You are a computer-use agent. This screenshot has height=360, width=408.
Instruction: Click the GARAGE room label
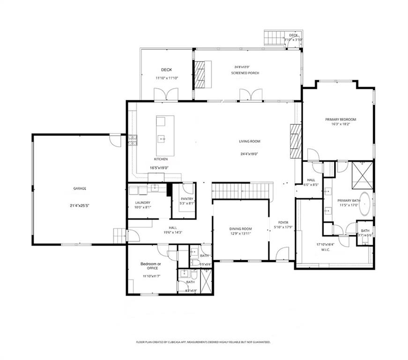pyautogui.click(x=79, y=188)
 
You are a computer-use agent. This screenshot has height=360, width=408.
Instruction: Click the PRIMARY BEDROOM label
pyautogui.click(x=341, y=120)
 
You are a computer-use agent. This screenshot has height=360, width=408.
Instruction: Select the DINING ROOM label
pyautogui.click(x=240, y=229)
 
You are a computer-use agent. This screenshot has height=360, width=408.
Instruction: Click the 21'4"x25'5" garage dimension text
pyautogui.click(x=79, y=205)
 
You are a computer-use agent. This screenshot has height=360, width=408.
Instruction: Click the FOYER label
pyautogui.click(x=283, y=222)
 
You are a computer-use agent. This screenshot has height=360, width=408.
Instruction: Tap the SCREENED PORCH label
pyautogui.click(x=245, y=73)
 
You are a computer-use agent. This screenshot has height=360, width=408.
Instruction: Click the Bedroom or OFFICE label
pyautogui.click(x=151, y=266)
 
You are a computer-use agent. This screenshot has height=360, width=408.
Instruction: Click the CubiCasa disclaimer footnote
pyautogui.click(x=203, y=342)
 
